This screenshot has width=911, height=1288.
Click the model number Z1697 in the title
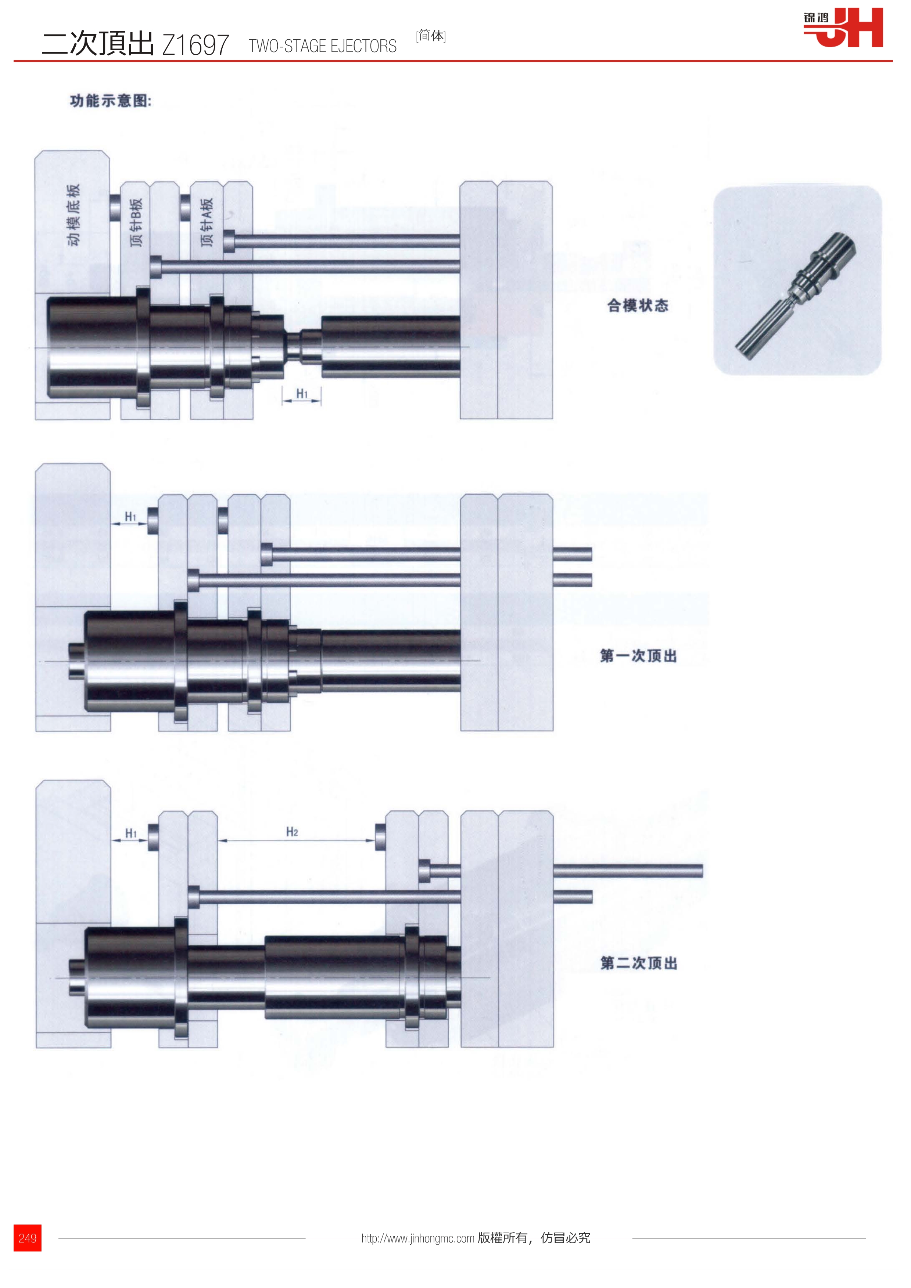(196, 45)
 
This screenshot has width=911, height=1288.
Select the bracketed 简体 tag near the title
(431, 36)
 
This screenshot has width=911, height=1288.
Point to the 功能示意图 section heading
(111, 101)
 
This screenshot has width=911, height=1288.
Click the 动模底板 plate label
(73, 214)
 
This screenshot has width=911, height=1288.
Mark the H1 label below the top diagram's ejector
(302, 394)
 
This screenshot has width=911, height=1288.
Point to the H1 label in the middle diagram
(130, 517)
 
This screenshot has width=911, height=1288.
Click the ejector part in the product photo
(796, 296)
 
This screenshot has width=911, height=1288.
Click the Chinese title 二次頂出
(98, 43)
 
